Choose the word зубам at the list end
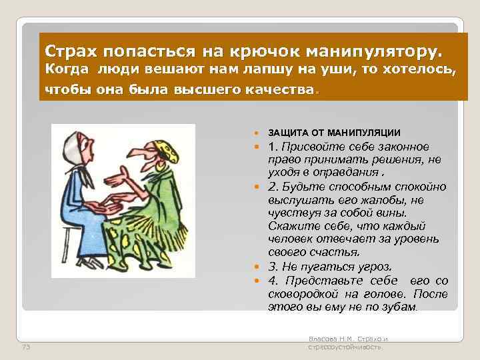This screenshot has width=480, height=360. [398, 307]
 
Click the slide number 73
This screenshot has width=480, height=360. [27, 347]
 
